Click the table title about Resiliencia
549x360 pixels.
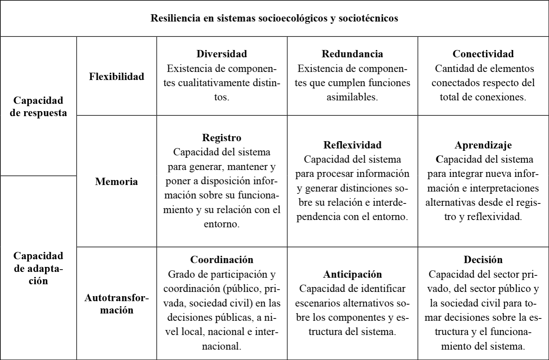(274, 18)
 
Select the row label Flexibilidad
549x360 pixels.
(117, 77)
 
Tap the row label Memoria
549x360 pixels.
(117, 182)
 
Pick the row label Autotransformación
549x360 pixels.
(117, 304)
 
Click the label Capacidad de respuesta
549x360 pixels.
(38, 107)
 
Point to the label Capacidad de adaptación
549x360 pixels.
(38, 268)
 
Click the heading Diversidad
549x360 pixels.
(222, 54)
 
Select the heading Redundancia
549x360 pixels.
(352, 54)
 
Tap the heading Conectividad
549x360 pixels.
(483, 54)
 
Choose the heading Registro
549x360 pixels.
(222, 138)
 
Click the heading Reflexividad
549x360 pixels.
(352, 145)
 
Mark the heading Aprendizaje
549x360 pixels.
(483, 145)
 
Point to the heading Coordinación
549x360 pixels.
(222, 260)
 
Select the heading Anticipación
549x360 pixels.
(352, 274)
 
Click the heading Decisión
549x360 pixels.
(483, 260)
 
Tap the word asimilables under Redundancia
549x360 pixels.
(352, 97)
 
